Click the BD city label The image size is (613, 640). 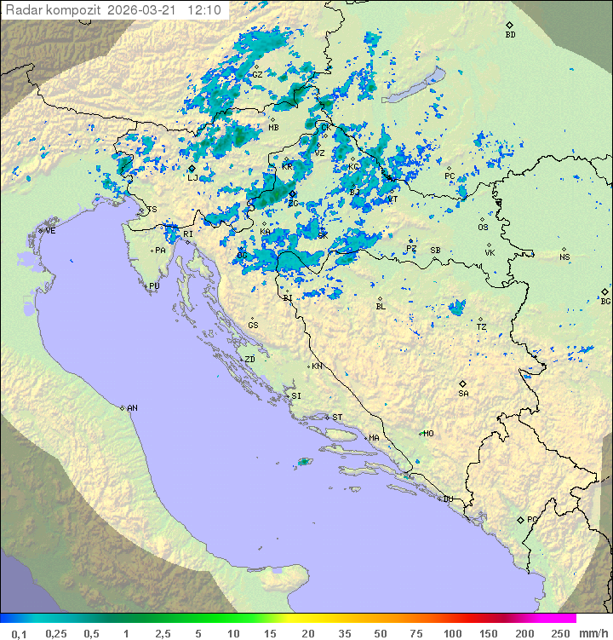510,35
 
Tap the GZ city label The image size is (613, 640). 256,74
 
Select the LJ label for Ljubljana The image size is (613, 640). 192,178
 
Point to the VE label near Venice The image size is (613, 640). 50,231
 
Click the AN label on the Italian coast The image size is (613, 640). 132,408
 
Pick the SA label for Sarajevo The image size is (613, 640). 463,394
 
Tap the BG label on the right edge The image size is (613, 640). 605,301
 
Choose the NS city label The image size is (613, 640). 564,257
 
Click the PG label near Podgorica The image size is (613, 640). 532,519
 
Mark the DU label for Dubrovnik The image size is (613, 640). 447,499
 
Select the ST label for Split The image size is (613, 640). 337,418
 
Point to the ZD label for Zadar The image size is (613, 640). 249,360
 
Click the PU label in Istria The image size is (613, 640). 154,286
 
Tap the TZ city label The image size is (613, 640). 481,327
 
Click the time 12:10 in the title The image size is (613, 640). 204,10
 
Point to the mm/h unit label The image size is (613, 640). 593,633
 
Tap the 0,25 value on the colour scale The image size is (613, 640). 57,633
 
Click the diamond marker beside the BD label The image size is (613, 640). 509,26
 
